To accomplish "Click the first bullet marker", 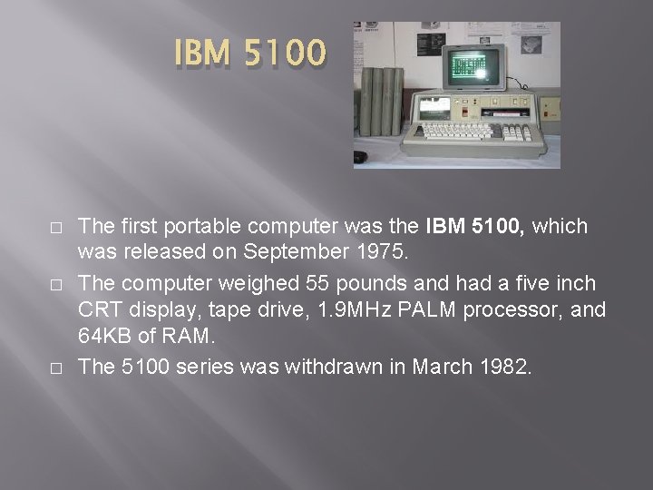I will coord(58,227).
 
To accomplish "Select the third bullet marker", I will coord(58,368).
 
